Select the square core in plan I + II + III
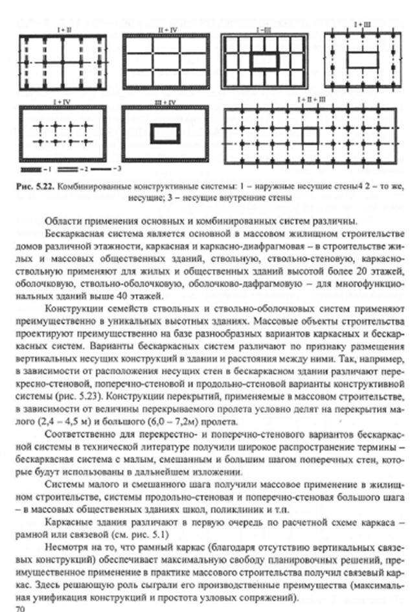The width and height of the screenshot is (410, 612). tap(310, 137)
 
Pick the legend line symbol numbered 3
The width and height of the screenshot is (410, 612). tap(101, 168)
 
